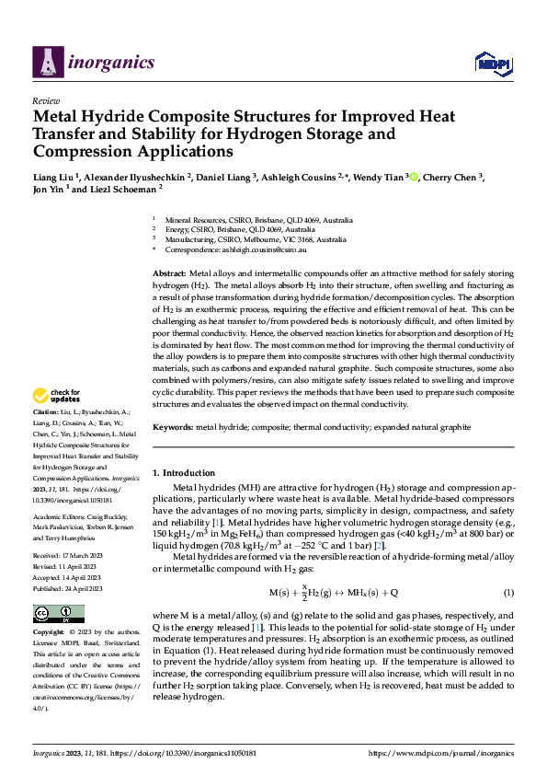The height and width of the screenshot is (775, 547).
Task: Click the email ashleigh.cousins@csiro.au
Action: tap(261, 249)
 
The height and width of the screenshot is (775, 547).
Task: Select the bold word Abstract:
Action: tap(168, 274)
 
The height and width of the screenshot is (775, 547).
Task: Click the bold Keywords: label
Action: tap(172, 427)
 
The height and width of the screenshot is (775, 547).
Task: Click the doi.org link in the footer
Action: tap(174, 752)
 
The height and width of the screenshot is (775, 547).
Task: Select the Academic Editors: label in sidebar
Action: tap(58, 492)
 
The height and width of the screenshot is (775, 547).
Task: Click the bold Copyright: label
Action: tap(49, 633)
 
